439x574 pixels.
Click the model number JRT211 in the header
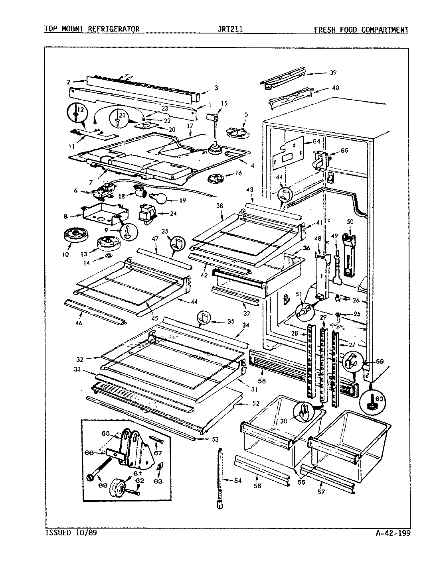point(229,29)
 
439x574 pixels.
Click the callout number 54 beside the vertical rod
point(238,481)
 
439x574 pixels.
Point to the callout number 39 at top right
point(333,73)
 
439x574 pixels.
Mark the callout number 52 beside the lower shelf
point(256,403)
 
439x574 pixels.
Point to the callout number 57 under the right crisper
point(321,492)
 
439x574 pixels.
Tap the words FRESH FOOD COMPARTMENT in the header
point(361,29)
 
